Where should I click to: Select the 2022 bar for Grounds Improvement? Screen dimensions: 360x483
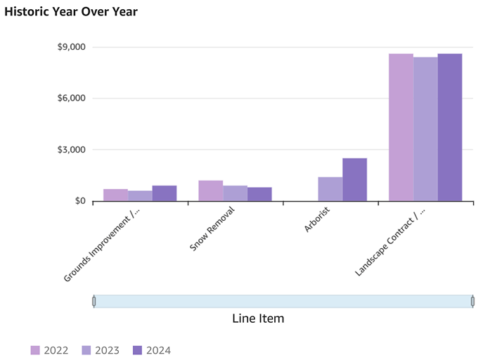(x=115, y=195)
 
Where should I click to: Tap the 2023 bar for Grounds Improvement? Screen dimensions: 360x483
(x=140, y=195)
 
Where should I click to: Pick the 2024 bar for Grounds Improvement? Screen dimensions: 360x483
(x=165, y=193)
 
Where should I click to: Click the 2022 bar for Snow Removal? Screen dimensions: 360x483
(x=210, y=191)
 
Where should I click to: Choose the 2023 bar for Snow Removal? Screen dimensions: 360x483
(x=235, y=193)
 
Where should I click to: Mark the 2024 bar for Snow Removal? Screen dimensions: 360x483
(x=259, y=194)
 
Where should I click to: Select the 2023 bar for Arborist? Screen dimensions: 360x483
(x=330, y=189)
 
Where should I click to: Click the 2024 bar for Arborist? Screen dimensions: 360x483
(x=354, y=179)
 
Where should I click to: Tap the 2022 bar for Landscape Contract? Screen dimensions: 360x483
(x=401, y=127)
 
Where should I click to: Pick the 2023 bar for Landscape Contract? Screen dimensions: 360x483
(x=425, y=129)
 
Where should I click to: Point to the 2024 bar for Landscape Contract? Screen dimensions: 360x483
(x=450, y=127)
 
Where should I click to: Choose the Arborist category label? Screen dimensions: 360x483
(x=317, y=221)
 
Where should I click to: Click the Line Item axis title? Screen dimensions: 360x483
(x=258, y=319)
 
